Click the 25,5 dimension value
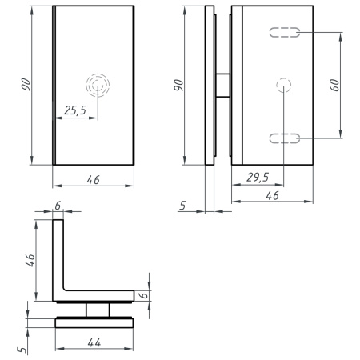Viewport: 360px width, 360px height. pos(75,110)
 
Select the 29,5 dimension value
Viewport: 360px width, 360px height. pos(258,177)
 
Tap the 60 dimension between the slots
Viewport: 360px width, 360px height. pos(335,86)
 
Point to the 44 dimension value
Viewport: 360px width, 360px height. pos(94,342)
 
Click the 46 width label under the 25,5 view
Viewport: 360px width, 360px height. pos(94,180)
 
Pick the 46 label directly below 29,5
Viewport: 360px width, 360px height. pos(273,195)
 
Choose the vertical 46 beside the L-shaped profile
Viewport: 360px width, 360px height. pos(30,260)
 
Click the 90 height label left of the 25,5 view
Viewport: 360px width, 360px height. pos(26,84)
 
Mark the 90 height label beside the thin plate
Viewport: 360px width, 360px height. pos(178,86)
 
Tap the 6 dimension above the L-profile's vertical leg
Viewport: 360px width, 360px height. pos(58,206)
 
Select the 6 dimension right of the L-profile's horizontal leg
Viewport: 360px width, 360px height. pos(144,295)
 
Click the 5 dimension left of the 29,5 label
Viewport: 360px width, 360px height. pos(182,206)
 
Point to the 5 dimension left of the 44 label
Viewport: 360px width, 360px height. pos(22,350)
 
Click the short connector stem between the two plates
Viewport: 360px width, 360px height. pos(222,86)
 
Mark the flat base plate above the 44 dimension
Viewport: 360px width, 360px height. pos(94,322)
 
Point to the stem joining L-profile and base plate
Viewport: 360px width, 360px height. pos(98,310)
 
